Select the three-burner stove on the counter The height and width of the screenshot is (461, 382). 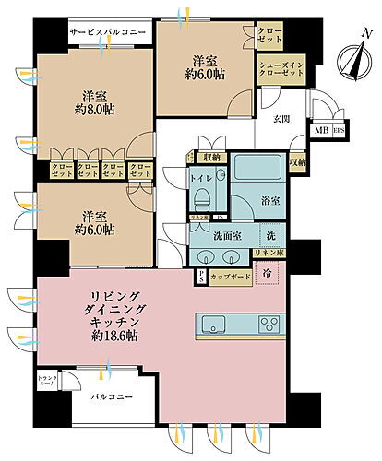[x=269, y=323]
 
